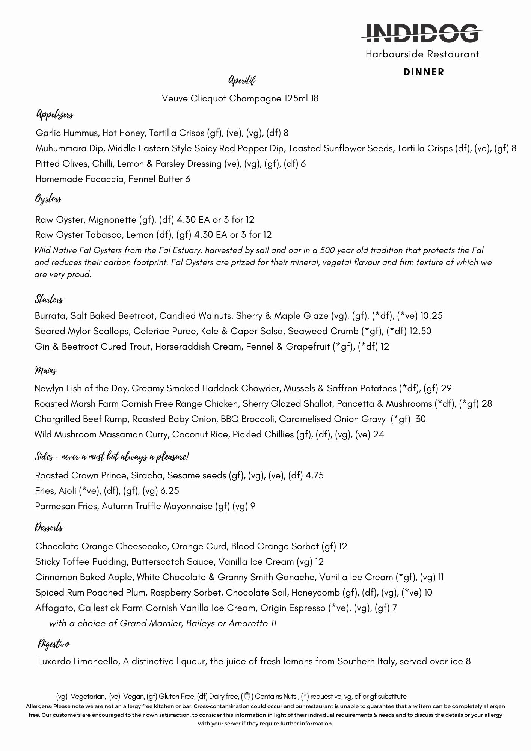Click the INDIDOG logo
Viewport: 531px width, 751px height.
point(422,33)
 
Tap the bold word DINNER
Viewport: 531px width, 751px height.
point(424,72)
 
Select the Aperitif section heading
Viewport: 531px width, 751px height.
point(242,80)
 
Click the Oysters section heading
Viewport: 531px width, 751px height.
point(48,199)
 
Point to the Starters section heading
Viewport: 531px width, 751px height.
point(49,299)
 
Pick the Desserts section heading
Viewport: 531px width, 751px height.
point(49,528)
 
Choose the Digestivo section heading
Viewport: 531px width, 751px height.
point(54,644)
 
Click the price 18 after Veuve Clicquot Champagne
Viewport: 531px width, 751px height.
point(314,98)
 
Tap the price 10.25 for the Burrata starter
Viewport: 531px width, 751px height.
point(431,316)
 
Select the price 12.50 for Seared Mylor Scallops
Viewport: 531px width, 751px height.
point(420,331)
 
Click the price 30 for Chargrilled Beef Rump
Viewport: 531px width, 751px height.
point(421,419)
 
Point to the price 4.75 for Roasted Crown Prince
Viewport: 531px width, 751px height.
point(314,475)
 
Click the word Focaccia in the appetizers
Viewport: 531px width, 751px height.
point(104,179)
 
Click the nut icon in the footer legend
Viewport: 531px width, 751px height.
point(247,697)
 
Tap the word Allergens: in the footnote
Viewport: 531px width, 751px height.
point(39,706)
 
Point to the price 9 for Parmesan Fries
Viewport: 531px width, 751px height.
point(253,506)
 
